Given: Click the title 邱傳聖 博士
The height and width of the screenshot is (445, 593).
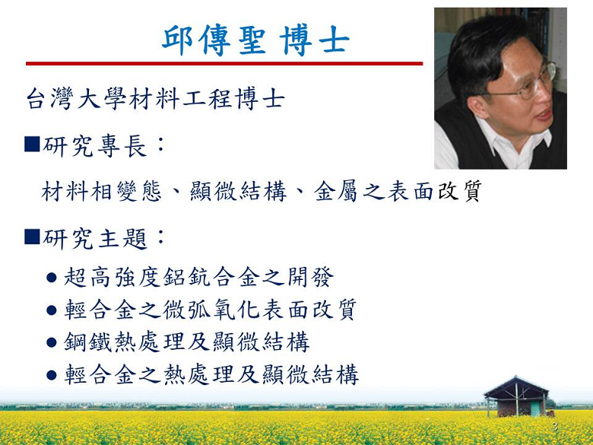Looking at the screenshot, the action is [x=255, y=40].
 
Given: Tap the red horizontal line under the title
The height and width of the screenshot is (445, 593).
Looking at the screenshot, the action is [x=224, y=64].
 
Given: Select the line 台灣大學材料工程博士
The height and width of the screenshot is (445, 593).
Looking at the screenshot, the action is [x=155, y=99].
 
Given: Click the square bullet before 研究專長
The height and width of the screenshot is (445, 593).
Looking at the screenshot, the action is [x=32, y=145].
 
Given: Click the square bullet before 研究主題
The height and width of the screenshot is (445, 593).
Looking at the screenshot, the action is [x=32, y=237].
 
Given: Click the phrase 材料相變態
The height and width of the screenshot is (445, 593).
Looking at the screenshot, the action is [x=101, y=191].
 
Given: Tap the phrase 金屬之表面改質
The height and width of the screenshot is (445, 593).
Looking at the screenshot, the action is [x=398, y=191].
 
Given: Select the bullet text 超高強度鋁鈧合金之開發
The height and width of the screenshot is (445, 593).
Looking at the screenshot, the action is [x=199, y=278].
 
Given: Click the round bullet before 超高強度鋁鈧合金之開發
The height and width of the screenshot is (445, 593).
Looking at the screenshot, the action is [x=52, y=278].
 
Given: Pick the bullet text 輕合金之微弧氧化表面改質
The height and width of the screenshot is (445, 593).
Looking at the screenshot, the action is [x=211, y=310].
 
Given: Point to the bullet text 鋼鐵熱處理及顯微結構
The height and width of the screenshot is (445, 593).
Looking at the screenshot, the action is [x=187, y=342].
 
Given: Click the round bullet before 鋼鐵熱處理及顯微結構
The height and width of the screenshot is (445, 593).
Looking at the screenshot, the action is [x=52, y=343].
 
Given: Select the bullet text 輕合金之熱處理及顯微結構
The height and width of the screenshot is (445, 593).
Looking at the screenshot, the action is [x=211, y=375].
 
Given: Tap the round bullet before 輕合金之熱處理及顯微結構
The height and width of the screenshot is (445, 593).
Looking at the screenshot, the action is [x=52, y=375].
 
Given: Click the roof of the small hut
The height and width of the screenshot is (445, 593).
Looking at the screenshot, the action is [x=516, y=386].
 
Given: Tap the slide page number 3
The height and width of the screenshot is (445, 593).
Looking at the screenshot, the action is [x=555, y=428].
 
